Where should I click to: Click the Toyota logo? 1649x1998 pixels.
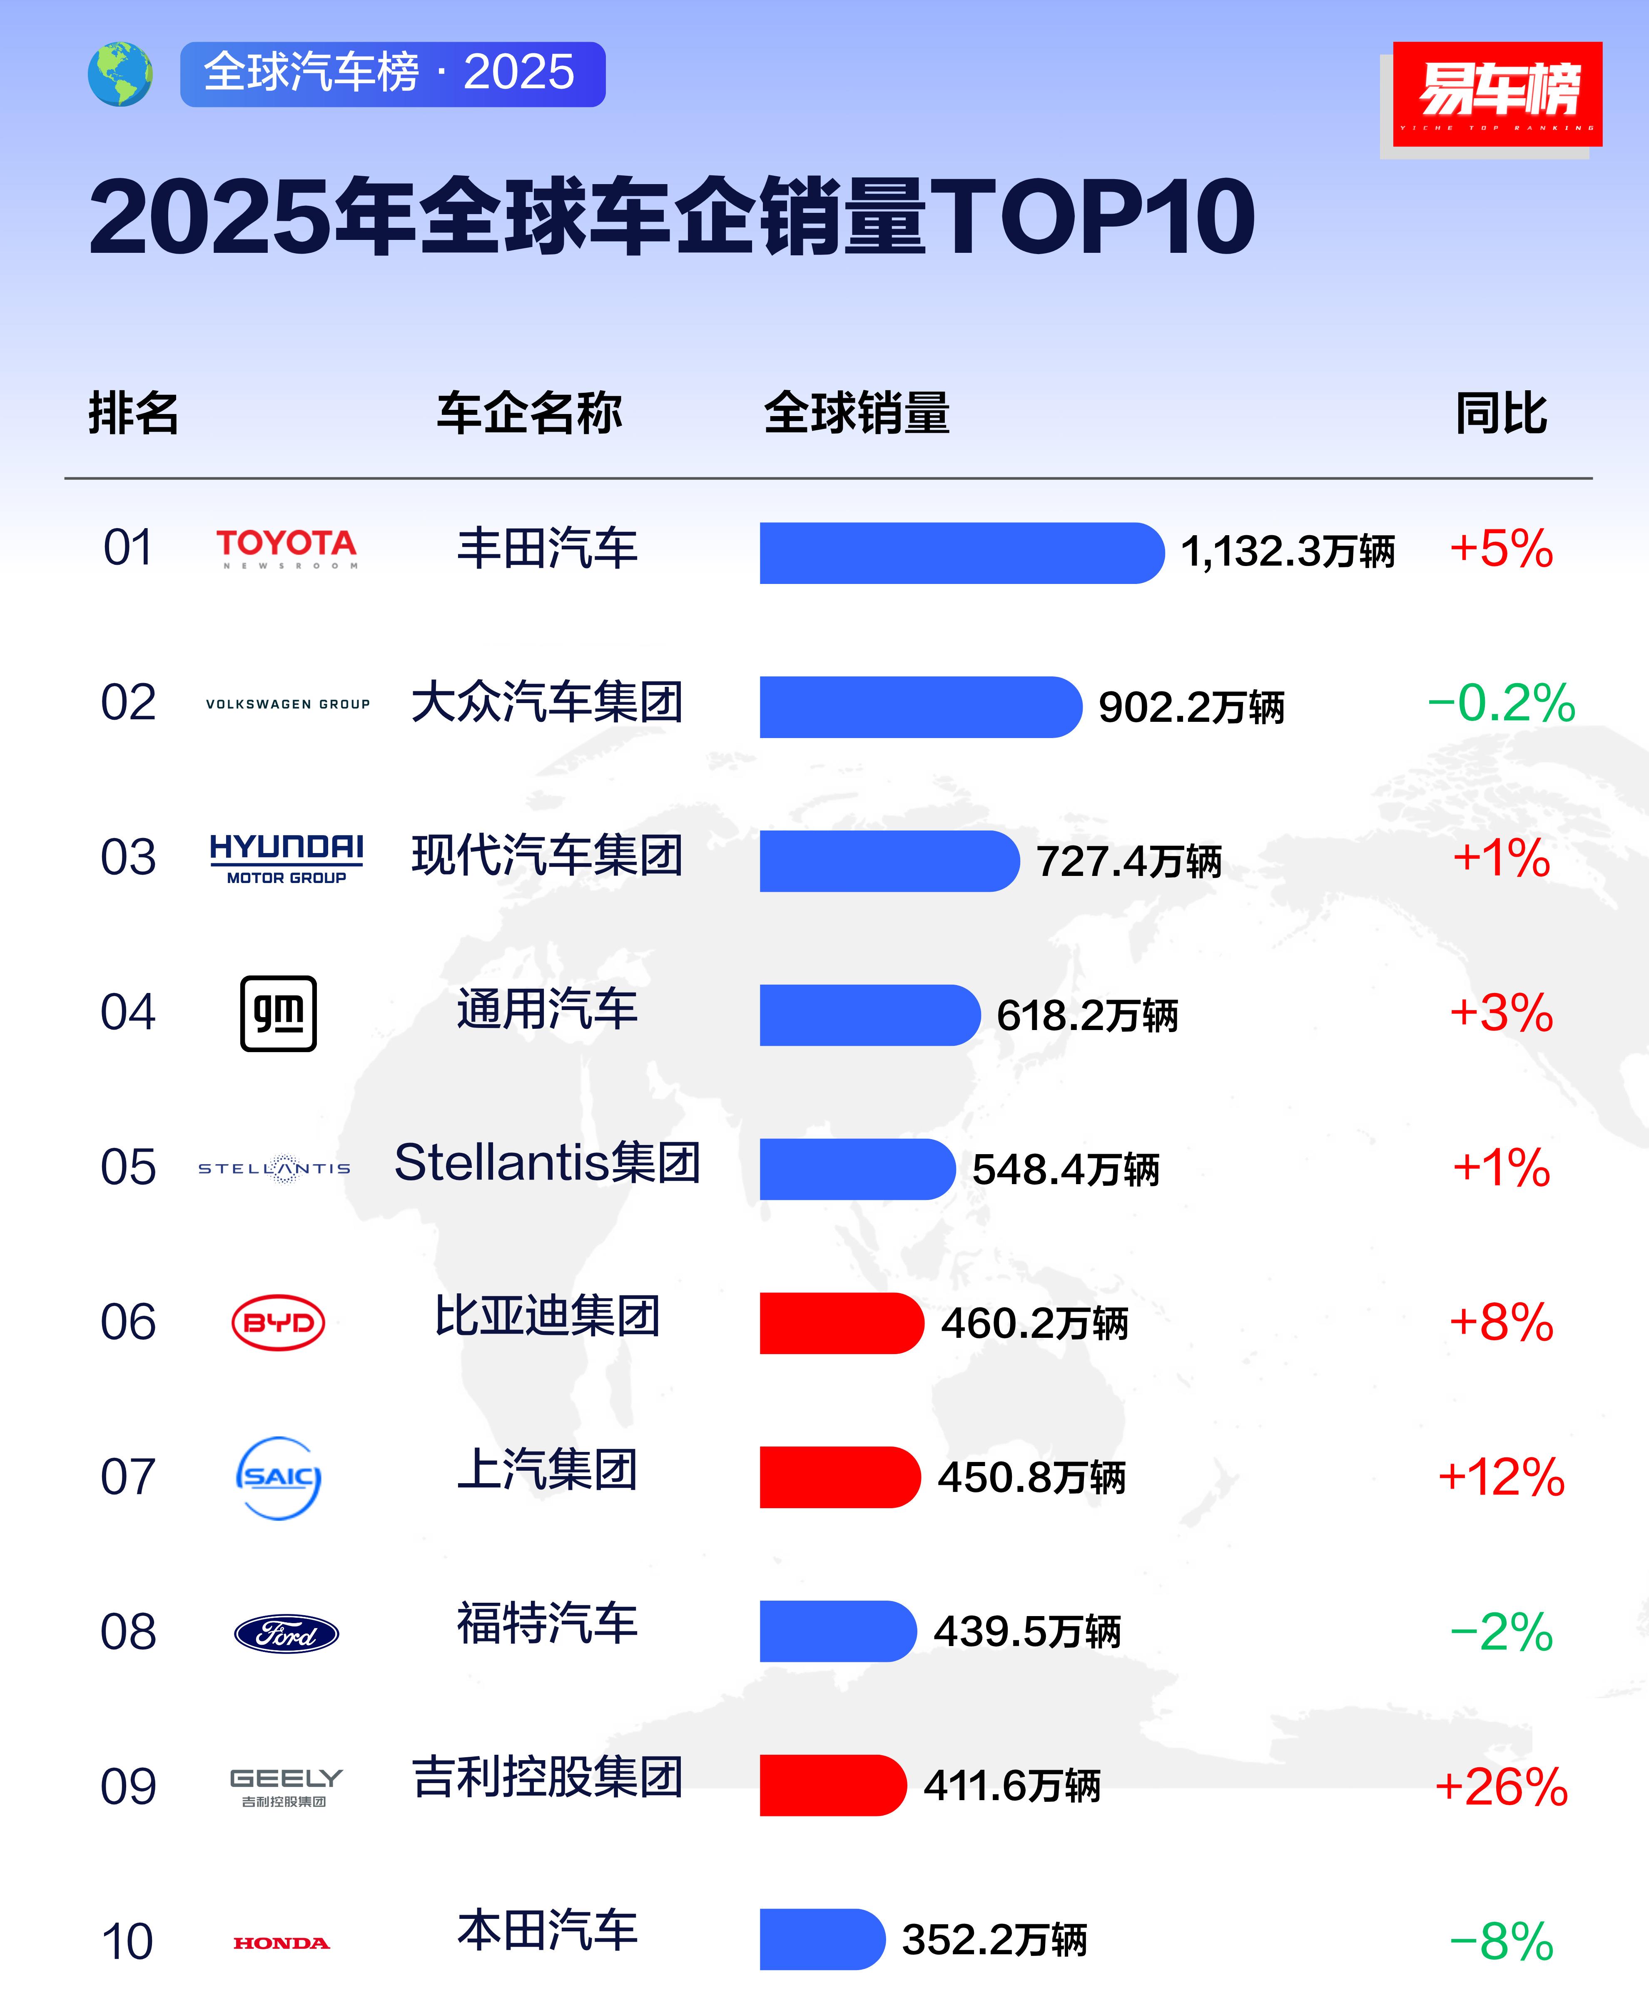(286, 548)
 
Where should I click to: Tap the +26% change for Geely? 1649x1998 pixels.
(1501, 1786)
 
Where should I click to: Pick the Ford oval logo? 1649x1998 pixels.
(286, 1633)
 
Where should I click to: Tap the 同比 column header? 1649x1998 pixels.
(1501, 413)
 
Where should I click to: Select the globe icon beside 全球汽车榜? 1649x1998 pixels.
(120, 74)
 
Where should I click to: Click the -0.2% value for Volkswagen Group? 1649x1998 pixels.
(1501, 703)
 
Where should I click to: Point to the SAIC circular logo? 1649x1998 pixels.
(278, 1477)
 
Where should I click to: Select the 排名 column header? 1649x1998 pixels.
(134, 413)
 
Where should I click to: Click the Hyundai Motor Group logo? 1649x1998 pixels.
(286, 858)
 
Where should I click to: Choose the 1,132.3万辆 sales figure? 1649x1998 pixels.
(1287, 551)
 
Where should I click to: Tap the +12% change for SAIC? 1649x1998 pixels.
(1501, 1477)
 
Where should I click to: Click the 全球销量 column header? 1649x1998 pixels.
(857, 413)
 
